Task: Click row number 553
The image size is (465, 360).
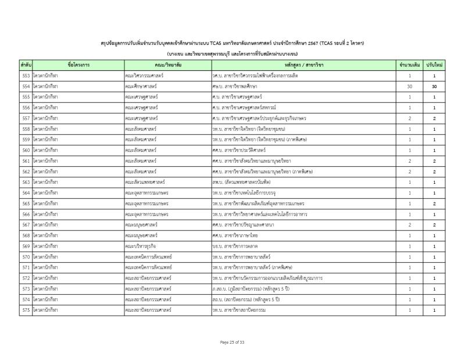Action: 26,76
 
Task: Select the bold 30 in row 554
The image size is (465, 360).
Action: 434,86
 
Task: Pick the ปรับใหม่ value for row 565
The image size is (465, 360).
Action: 434,204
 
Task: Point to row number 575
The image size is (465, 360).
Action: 26,310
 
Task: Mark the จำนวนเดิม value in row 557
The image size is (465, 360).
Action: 410,118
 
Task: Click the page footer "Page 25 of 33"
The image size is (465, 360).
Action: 233,343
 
